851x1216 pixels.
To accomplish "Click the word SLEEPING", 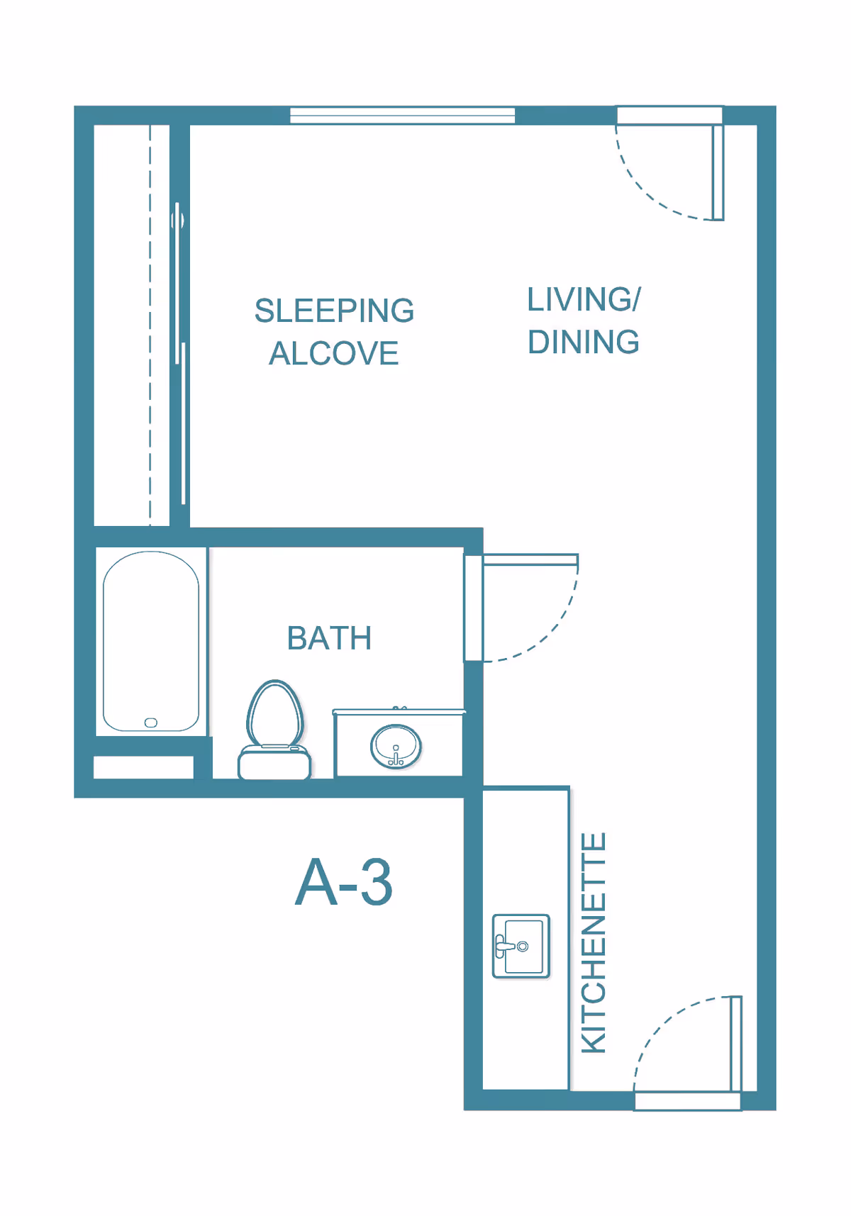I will [334, 311].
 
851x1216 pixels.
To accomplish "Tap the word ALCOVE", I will [333, 353].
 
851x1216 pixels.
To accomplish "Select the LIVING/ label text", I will [584, 299].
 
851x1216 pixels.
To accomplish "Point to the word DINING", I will [584, 342].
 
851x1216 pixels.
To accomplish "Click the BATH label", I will [329, 638].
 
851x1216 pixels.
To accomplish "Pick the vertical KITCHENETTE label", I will [594, 942].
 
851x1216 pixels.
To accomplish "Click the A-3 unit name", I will [344, 883].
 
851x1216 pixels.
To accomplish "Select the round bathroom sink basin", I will [396, 746].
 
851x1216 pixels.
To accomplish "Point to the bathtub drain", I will [151, 723].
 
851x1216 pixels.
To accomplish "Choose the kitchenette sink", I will [521, 946].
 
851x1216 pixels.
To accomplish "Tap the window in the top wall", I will [402, 115].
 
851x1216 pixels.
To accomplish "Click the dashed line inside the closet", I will [150, 326].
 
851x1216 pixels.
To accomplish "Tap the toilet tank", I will [274, 764].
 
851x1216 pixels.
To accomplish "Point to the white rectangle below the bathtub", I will [143, 767].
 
